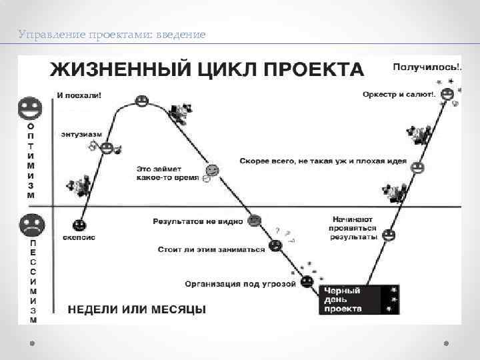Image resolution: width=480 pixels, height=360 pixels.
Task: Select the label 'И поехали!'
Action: (x=80, y=95)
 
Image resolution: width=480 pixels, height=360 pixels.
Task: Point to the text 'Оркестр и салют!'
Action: (x=398, y=95)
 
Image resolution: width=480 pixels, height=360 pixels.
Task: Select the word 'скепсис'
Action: (x=79, y=237)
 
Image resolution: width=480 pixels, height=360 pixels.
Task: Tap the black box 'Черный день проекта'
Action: (x=351, y=299)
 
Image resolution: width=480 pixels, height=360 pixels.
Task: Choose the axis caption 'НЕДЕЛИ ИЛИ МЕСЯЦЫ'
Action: (x=137, y=309)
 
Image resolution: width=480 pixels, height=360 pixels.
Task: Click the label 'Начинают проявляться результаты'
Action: (x=354, y=227)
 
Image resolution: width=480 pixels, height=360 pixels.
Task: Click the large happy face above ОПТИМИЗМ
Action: (x=30, y=107)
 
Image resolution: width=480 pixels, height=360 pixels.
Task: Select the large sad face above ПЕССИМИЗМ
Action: (x=30, y=225)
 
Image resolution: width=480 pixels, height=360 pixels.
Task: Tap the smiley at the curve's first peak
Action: (x=141, y=101)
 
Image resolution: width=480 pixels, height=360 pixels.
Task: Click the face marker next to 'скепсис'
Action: (x=79, y=224)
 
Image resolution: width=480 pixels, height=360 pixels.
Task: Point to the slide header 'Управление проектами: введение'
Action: (x=112, y=33)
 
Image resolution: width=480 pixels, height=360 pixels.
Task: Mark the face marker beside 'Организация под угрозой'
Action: (x=307, y=282)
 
